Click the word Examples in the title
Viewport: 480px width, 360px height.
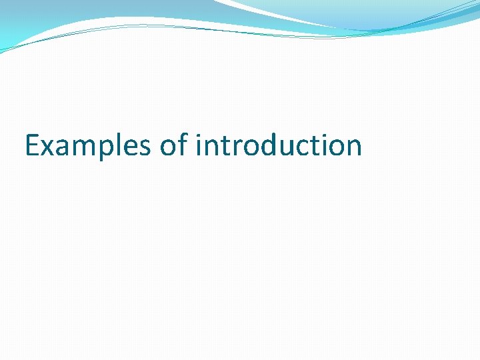(x=87, y=145)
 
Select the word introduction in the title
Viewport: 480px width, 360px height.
(x=279, y=145)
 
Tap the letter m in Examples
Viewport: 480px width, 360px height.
(x=81, y=148)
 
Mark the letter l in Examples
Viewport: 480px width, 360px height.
(x=115, y=144)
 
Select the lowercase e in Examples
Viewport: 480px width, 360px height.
(x=125, y=148)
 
